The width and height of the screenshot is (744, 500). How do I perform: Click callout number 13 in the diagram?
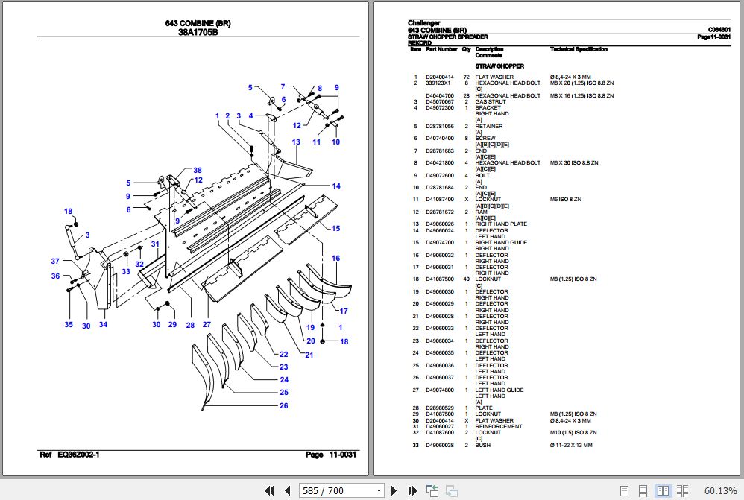click(296, 142)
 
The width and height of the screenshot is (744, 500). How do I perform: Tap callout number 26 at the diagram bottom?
click(283, 406)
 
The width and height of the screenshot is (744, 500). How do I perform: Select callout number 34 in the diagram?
click(103, 325)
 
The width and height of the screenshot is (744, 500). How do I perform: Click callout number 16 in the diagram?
click(335, 259)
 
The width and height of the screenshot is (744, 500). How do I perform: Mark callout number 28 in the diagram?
click(190, 325)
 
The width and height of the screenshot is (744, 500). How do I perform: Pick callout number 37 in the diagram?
click(55, 261)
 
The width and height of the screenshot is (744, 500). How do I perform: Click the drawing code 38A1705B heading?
click(198, 32)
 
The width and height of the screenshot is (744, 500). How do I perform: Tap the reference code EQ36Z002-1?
click(78, 455)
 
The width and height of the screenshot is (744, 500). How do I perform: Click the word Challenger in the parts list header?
click(424, 23)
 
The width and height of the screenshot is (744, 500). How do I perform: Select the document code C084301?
click(719, 30)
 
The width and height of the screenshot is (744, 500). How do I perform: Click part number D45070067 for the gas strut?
click(440, 101)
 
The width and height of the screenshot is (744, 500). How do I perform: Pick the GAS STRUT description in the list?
click(491, 101)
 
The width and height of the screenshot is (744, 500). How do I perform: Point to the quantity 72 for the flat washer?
click(466, 77)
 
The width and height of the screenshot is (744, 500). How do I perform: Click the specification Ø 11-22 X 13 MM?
click(571, 445)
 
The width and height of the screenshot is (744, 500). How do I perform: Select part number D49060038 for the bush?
click(440, 445)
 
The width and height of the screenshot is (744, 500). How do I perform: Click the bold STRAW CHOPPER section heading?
click(499, 66)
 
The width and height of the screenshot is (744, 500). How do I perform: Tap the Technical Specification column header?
click(579, 49)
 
